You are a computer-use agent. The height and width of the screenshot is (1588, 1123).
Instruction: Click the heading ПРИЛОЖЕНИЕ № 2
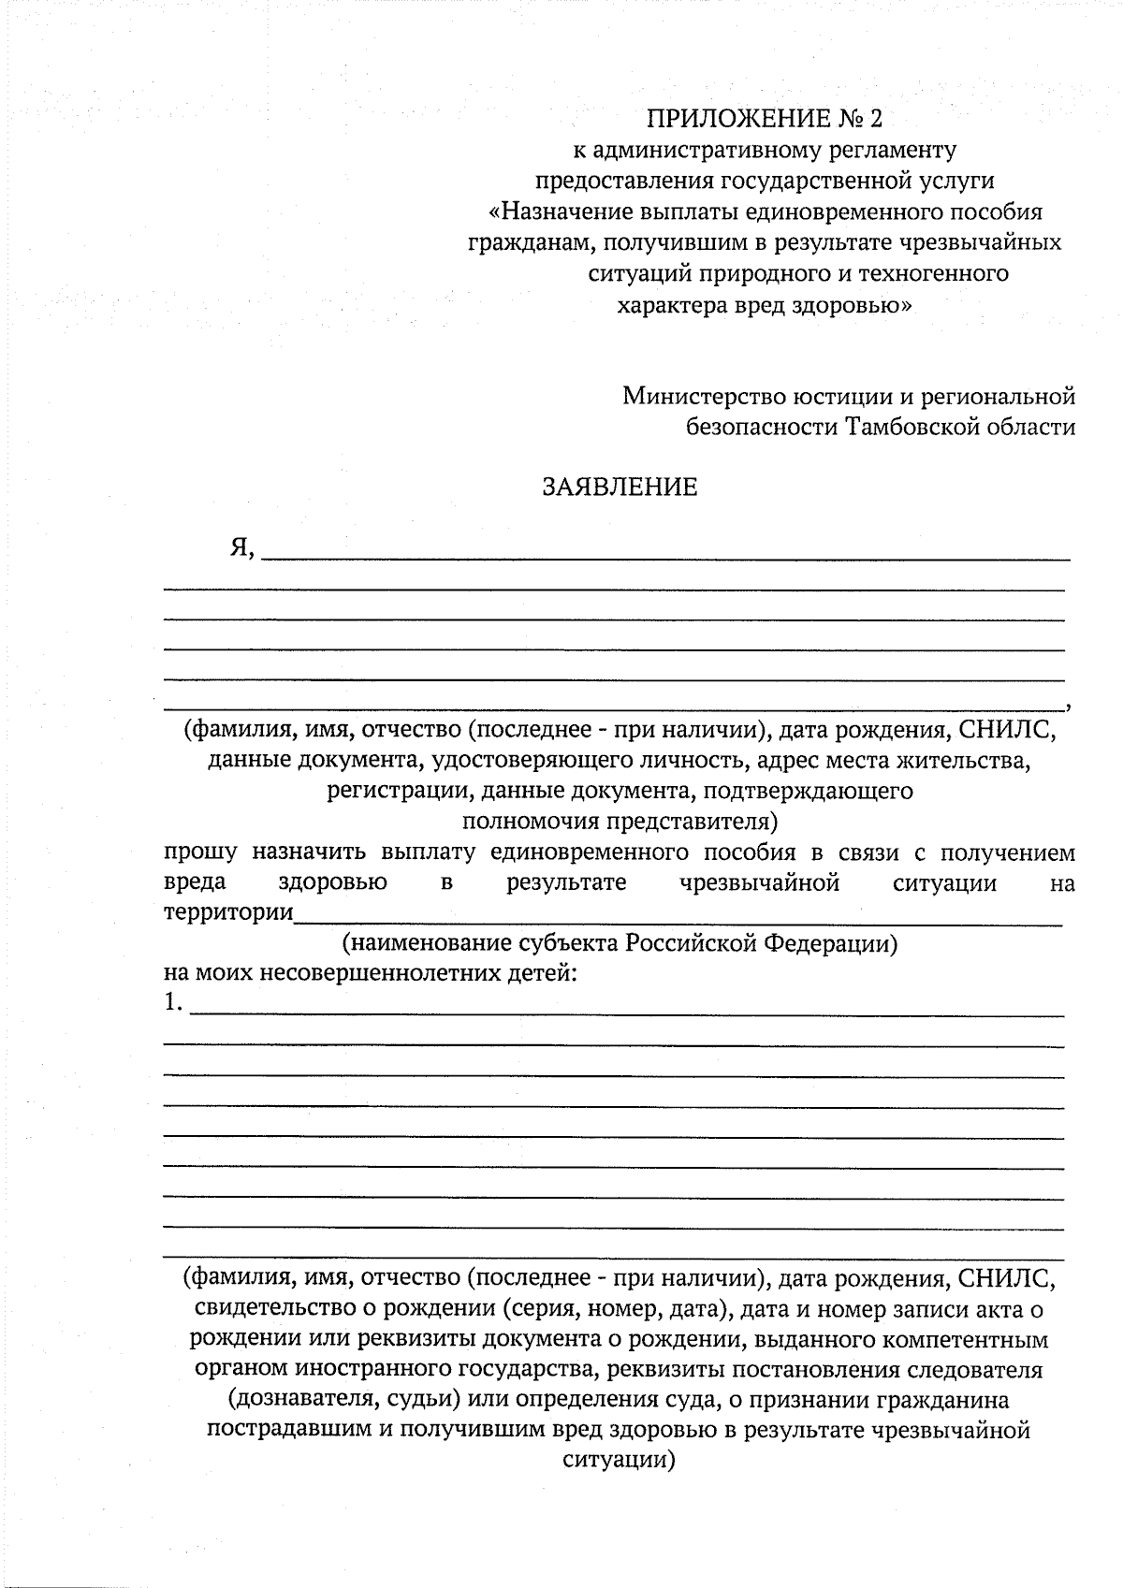765,119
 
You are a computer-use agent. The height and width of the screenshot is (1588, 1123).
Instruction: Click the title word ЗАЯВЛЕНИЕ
620,488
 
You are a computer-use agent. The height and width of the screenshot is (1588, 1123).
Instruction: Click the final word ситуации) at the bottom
619,1461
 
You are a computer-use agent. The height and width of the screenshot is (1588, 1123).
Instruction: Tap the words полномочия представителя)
620,823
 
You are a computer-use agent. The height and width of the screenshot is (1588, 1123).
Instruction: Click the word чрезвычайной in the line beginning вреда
759,882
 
